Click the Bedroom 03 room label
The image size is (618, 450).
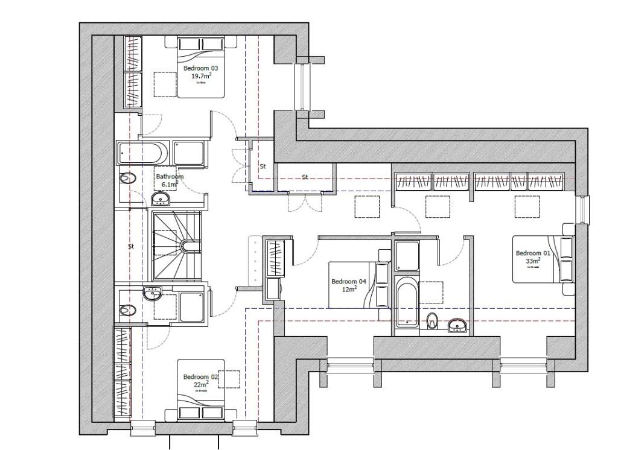[x=200, y=69]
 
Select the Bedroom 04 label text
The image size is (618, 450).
[x=349, y=282]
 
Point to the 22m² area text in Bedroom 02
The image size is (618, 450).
[x=200, y=384]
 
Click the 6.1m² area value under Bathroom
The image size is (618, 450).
[x=170, y=184]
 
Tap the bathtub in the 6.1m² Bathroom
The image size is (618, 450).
[x=144, y=154]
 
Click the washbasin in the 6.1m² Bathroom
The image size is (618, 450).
[x=161, y=199]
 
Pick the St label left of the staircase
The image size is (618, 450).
[x=130, y=247]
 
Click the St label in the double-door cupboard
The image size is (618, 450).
[x=305, y=177]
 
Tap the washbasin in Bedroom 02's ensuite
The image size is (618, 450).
[x=152, y=294]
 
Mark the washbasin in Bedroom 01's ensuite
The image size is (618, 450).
[x=457, y=326]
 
